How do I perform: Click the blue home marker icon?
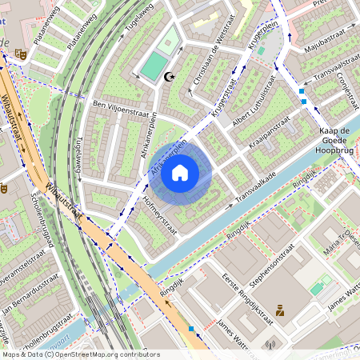point(180,172)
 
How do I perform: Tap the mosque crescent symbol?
point(168,78)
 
